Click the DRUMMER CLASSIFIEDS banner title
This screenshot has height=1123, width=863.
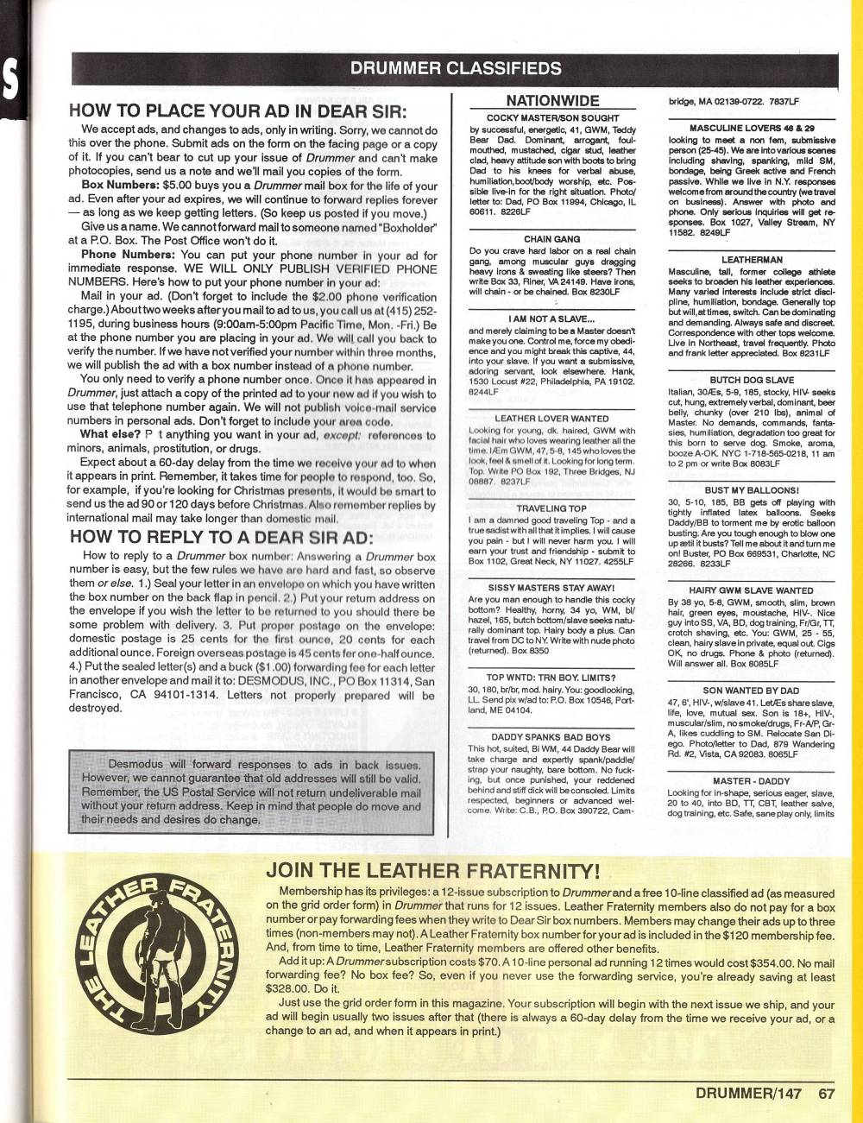point(456,69)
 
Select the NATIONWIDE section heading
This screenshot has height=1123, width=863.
point(552,101)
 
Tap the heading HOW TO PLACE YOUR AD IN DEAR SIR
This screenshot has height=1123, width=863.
point(237,111)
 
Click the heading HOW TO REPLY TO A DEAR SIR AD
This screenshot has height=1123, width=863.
point(221,536)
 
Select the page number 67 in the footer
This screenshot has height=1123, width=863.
point(827,1093)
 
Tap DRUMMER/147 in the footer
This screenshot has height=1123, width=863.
point(748,1093)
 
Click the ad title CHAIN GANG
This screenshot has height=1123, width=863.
point(552,239)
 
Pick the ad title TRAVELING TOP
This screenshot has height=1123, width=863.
point(552,508)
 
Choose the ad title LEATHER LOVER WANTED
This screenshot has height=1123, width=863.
point(552,419)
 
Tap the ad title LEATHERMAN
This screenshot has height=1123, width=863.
point(752,259)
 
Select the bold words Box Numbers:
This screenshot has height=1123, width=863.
point(116,186)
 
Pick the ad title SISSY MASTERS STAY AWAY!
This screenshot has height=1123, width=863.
point(552,587)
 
